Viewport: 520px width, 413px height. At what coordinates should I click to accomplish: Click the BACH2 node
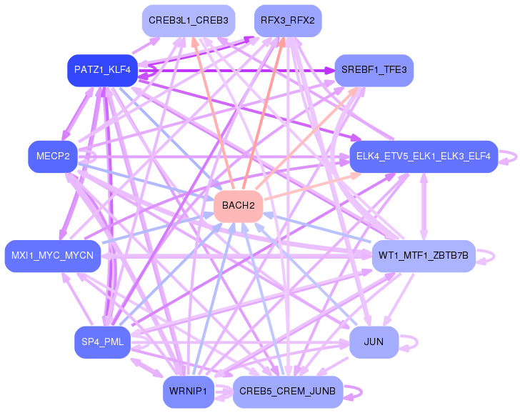[239, 206]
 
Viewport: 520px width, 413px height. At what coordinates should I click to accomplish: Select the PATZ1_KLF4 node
[102, 70]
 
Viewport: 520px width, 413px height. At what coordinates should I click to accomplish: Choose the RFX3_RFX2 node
[287, 21]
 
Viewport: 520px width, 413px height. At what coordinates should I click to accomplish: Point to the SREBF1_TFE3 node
[374, 70]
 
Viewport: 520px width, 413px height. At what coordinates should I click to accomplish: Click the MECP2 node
[53, 156]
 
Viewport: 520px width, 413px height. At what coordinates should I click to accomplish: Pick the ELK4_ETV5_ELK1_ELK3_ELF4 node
[424, 156]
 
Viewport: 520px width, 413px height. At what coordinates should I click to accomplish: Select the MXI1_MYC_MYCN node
[53, 256]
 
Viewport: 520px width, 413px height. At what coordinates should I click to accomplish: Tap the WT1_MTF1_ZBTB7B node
[424, 255]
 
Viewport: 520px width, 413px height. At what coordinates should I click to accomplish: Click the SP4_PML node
[102, 342]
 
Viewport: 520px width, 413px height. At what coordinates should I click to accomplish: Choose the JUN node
[374, 342]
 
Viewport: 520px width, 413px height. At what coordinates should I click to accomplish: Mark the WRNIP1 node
[189, 391]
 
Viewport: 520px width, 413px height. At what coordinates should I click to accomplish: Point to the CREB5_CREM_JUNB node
[287, 391]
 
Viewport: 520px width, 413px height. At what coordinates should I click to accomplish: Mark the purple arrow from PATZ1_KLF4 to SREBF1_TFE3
[236, 70]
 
